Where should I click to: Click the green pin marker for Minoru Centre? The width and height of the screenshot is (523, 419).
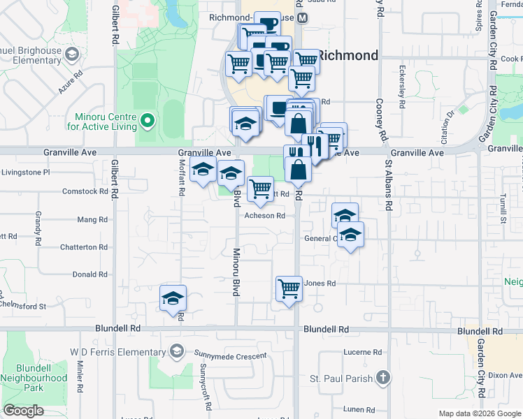pos(147,122)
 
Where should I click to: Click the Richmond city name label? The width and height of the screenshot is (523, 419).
pos(348,55)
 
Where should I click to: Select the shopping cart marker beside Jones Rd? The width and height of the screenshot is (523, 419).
pos(289,287)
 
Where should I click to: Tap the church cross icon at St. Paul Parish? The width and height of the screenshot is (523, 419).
pos(382,378)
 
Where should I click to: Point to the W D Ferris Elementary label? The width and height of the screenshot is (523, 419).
pos(119,350)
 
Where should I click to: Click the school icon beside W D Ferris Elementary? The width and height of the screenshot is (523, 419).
pos(177,350)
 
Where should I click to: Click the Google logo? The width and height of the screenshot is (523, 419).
pos(24,411)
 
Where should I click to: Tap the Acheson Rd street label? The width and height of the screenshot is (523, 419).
pos(264,216)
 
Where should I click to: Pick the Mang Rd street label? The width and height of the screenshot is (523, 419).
pos(92,219)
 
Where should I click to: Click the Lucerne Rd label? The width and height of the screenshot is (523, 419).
pos(363,353)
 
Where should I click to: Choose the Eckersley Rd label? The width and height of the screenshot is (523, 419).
pos(402,88)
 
